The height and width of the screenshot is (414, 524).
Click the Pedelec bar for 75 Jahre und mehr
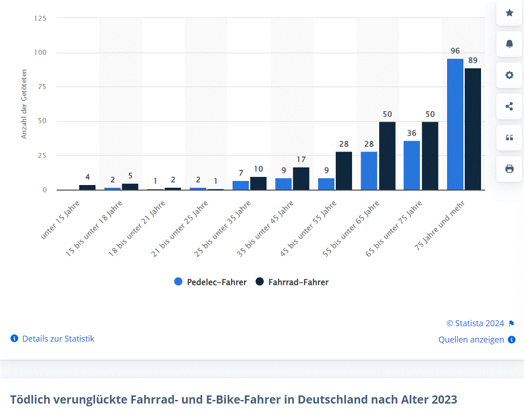455,124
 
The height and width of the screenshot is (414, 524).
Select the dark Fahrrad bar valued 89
472,129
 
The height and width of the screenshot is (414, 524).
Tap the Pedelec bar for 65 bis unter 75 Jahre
412,165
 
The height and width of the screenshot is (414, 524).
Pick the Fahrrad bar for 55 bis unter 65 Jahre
387,156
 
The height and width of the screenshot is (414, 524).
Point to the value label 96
455,51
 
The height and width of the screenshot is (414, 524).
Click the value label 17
301,160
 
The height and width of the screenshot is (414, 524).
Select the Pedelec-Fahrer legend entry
211,282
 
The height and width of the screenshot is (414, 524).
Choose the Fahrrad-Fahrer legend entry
292,282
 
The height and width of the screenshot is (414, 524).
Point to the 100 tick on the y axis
41,52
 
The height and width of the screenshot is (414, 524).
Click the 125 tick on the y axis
40,18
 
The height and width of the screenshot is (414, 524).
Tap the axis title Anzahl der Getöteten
24,104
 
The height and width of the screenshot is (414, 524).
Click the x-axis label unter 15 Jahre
61,220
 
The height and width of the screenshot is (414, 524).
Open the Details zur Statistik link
57,338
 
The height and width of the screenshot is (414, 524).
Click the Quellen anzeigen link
471,340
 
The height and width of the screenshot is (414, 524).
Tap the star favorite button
509,13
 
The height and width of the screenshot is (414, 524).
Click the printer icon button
509,169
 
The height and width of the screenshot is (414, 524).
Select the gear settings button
509,75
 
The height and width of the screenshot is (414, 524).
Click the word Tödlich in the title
30,400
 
